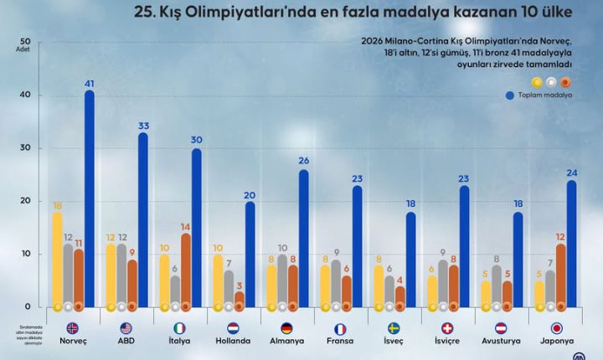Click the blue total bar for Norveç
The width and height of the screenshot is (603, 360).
89,201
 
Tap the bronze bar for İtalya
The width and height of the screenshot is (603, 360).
185,272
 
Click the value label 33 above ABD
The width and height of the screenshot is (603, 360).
143,126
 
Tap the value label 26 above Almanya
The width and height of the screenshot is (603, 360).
304,162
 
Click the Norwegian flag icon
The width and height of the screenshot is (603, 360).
71,327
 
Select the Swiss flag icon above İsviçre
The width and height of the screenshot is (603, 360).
448,327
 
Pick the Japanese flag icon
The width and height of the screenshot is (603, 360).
556,327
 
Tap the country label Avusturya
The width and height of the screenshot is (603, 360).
502,342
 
